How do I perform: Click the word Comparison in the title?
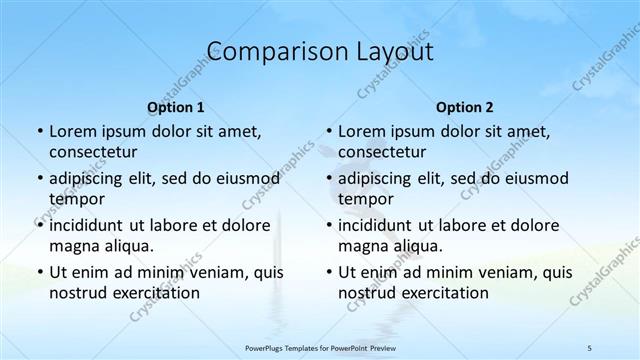[268, 51]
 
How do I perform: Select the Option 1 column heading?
[175, 107]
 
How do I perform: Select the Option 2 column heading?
[465, 107]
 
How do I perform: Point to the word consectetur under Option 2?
[382, 152]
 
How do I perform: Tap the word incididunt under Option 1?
[91, 225]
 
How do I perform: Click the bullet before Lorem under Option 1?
[39, 132]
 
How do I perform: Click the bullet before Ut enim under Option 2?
[329, 272]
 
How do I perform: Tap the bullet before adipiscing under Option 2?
[329, 179]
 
